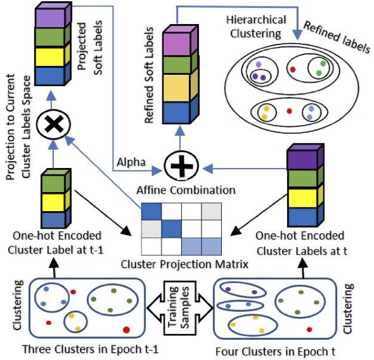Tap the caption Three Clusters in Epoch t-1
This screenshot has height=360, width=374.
point(82,350)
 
